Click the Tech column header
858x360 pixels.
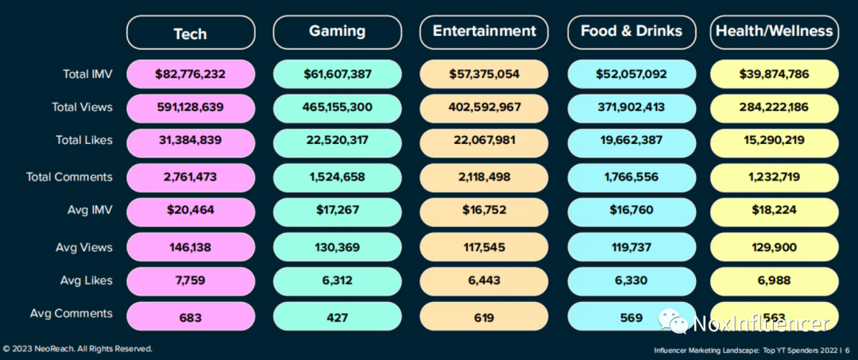(190, 33)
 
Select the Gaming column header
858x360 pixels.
(337, 33)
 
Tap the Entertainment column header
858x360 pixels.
(485, 33)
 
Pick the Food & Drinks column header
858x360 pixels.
(632, 33)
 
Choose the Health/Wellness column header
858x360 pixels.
(775, 33)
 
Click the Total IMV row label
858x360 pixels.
(87, 74)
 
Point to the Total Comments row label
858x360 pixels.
(70, 176)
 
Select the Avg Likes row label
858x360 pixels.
(86, 281)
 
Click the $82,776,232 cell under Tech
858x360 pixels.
(190, 74)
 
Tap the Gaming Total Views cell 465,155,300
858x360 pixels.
(337, 106)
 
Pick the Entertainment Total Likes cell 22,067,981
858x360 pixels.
(485, 140)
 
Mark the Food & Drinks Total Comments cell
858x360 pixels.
(632, 176)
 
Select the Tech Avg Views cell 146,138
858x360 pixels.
(190, 247)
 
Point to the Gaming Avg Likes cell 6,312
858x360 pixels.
(337, 281)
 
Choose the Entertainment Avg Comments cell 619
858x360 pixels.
(485, 318)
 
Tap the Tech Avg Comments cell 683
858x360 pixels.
(190, 318)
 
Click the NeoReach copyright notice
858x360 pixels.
(77, 349)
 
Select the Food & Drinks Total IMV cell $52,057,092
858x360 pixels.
(632, 74)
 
